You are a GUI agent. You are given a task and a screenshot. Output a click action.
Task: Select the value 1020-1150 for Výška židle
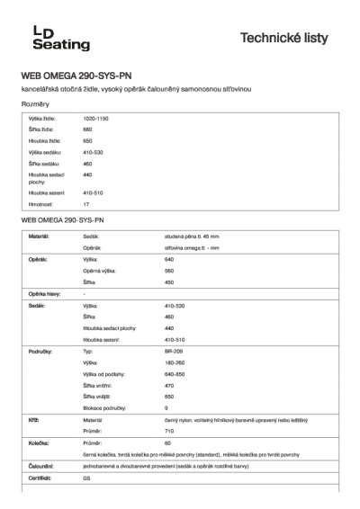(x=96, y=119)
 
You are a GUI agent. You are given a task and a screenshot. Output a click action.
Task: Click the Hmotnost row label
(x=41, y=205)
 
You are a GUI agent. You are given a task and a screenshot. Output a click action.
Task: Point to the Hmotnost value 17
(x=85, y=205)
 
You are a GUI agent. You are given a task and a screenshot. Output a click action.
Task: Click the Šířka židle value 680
(x=87, y=129)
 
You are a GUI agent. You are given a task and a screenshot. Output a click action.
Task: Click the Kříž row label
(x=32, y=420)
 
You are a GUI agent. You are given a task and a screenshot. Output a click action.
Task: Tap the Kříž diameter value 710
(x=169, y=431)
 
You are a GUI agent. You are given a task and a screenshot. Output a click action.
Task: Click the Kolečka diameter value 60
(x=167, y=443)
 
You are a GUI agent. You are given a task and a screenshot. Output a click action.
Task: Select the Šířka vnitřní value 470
(x=169, y=385)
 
